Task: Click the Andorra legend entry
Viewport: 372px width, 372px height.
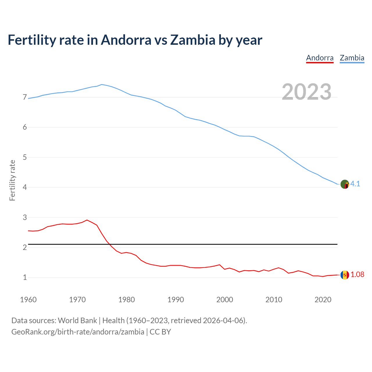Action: pyautogui.click(x=320, y=58)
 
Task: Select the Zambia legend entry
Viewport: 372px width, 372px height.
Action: pyautogui.click(x=352, y=58)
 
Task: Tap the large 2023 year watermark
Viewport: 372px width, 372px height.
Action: pyautogui.click(x=307, y=92)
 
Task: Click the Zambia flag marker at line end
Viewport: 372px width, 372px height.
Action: pyautogui.click(x=345, y=184)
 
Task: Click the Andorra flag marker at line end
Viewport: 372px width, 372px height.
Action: pyautogui.click(x=345, y=275)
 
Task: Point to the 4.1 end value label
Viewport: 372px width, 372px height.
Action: pyautogui.click(x=355, y=184)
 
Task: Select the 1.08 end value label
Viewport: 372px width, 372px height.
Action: pyautogui.click(x=357, y=275)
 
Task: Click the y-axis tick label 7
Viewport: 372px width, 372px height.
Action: pyautogui.click(x=25, y=97)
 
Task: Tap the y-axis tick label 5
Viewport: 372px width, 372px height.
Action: pyautogui.click(x=25, y=158)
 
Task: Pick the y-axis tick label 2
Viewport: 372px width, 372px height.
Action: pyautogui.click(x=25, y=248)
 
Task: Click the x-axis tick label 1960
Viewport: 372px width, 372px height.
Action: pyautogui.click(x=28, y=300)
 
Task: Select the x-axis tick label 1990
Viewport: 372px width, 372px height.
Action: pyautogui.click(x=176, y=300)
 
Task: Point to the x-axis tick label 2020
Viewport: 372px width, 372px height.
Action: pyautogui.click(x=323, y=300)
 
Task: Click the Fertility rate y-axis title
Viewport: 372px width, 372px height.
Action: pyautogui.click(x=12, y=180)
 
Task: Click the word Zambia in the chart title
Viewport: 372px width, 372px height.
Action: pyautogui.click(x=193, y=40)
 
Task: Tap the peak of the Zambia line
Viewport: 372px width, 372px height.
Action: pyautogui.click(x=101, y=85)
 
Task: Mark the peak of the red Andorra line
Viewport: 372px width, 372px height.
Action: pyautogui.click(x=87, y=220)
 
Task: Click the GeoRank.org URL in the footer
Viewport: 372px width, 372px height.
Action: pyautogui.click(x=78, y=332)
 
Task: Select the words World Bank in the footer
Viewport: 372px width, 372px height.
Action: pyautogui.click(x=77, y=321)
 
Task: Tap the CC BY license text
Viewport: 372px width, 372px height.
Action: pyautogui.click(x=160, y=332)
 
